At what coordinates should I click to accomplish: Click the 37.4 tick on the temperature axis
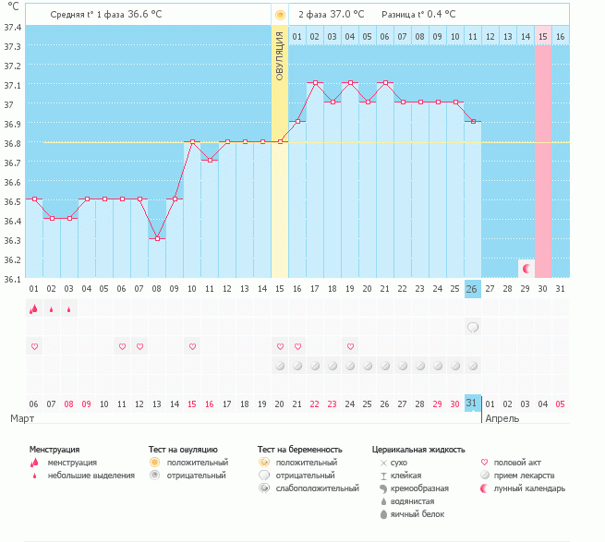[x=13, y=27]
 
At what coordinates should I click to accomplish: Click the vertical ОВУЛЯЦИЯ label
[x=280, y=55]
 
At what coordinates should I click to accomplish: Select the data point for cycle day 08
[x=157, y=238]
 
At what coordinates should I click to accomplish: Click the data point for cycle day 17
[x=315, y=83]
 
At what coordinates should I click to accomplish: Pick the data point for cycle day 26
[x=472, y=122]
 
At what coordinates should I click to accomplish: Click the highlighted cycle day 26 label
[x=472, y=289]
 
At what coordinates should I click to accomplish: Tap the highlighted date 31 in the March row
[x=472, y=403]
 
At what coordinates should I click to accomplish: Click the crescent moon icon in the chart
[x=526, y=268]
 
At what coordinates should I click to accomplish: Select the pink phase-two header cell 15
[x=543, y=36]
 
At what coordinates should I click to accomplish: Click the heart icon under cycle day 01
[x=35, y=346]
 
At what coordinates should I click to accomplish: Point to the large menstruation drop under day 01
[x=34, y=309]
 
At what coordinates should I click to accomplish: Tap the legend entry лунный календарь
[x=529, y=488]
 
